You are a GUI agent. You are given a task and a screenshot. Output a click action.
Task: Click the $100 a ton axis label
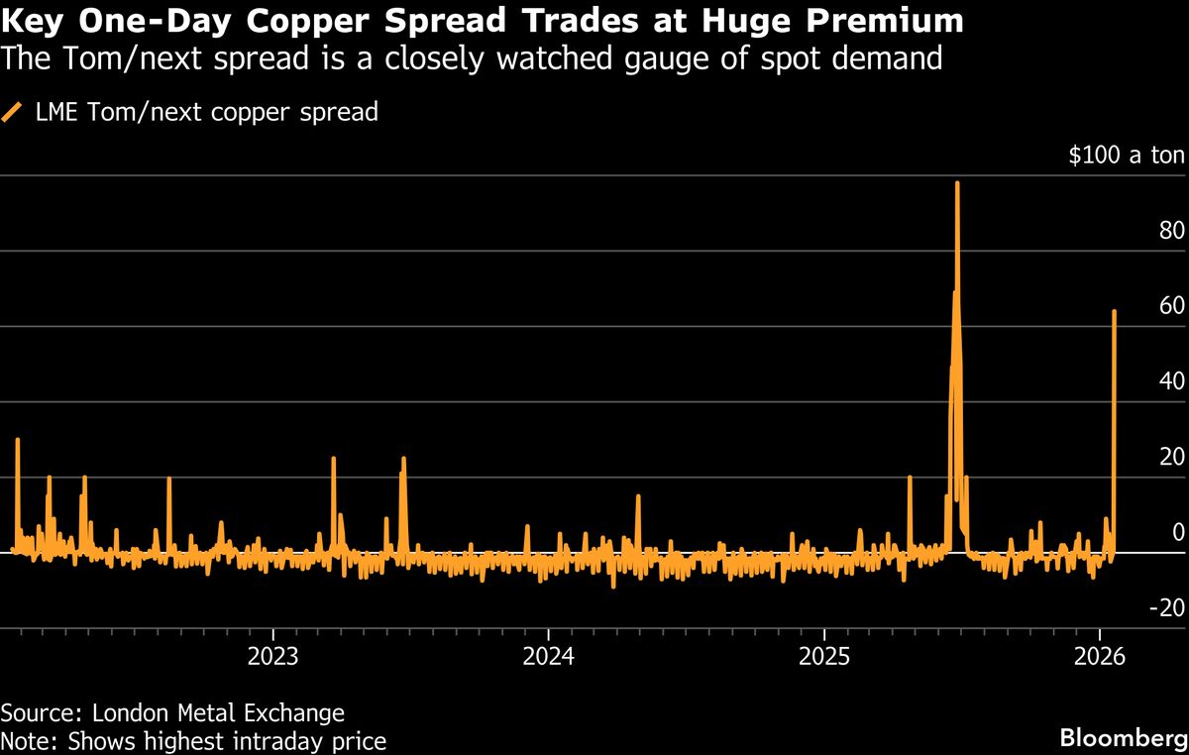[1126, 156]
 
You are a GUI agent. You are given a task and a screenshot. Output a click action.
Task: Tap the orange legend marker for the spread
[13, 112]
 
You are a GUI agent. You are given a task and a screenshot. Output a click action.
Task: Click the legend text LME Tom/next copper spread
[205, 112]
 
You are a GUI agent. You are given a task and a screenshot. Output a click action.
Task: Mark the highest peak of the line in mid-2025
[957, 183]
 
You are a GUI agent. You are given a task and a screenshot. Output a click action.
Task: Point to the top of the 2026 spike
[1115, 311]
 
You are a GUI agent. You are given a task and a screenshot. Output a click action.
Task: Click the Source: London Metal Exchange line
[172, 712]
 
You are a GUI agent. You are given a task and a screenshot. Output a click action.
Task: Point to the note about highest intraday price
[193, 740]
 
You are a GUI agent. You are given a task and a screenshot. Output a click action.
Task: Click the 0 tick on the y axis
[1178, 532]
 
